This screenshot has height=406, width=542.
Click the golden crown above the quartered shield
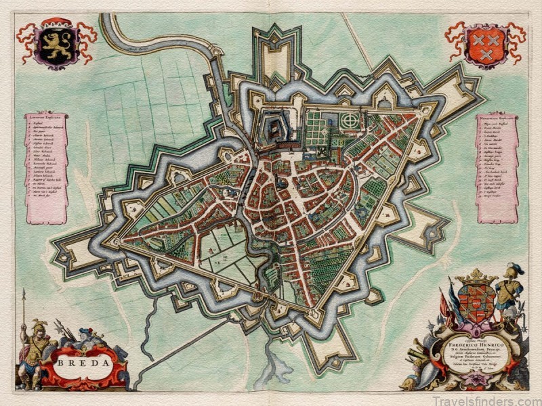tap(476, 276)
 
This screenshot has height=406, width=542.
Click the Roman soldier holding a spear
tap(30, 352)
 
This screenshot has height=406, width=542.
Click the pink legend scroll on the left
tap(46, 166)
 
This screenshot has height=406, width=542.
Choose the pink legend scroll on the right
tap(497, 166)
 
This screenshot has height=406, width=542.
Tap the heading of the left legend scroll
tap(46, 116)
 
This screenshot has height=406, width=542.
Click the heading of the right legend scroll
tap(497, 116)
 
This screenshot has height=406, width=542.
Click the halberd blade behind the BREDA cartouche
tap(65, 330)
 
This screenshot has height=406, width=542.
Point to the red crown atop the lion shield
tap(54, 22)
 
